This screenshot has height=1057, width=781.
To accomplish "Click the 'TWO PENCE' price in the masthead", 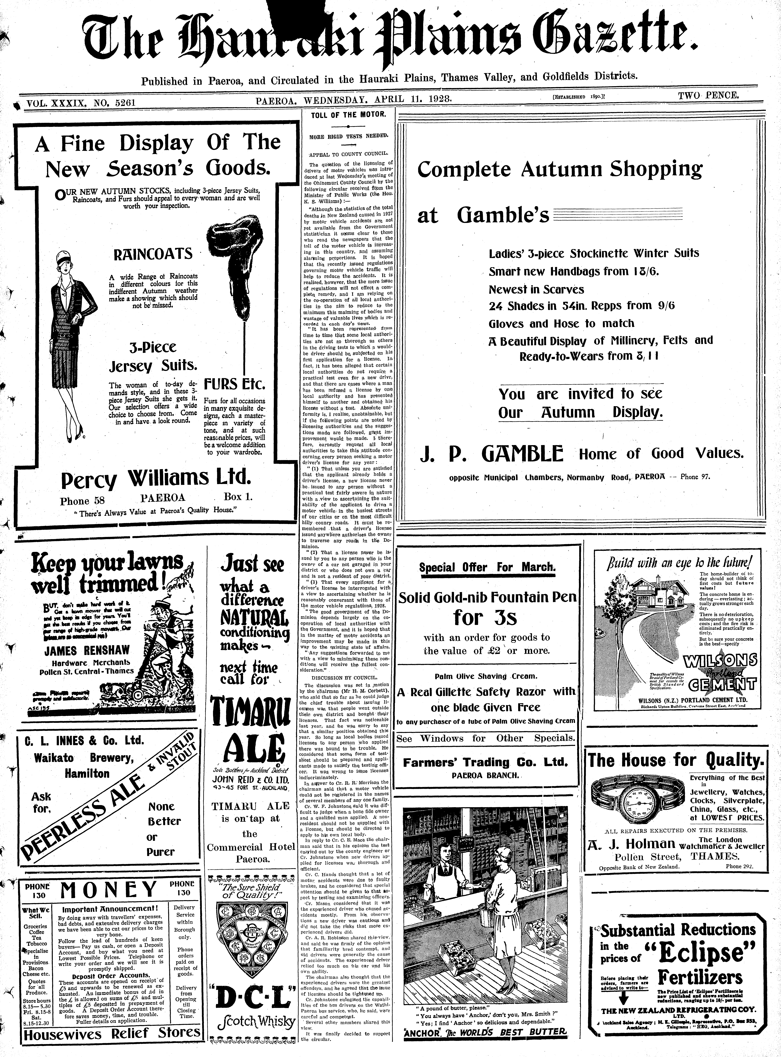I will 708,95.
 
